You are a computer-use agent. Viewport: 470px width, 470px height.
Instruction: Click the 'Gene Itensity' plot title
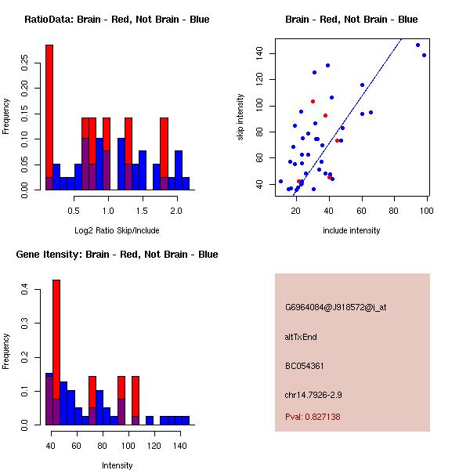click(x=117, y=255)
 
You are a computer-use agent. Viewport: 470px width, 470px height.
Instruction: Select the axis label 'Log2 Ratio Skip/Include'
click(x=117, y=230)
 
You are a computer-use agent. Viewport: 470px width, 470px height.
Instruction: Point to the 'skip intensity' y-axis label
click(x=240, y=117)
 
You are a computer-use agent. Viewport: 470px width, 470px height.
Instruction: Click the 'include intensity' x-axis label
click(x=352, y=230)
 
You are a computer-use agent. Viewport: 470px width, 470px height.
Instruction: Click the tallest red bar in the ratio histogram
click(x=49, y=110)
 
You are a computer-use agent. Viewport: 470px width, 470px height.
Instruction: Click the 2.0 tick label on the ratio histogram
click(x=176, y=211)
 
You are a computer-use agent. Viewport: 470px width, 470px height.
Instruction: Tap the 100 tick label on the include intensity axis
click(x=427, y=211)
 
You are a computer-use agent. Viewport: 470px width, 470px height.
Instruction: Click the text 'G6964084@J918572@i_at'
click(x=335, y=307)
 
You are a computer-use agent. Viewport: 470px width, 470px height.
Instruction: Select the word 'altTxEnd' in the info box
click(x=301, y=337)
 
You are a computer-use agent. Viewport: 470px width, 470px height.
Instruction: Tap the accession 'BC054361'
click(x=305, y=366)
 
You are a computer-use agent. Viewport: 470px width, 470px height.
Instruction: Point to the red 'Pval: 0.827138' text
click(x=313, y=417)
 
